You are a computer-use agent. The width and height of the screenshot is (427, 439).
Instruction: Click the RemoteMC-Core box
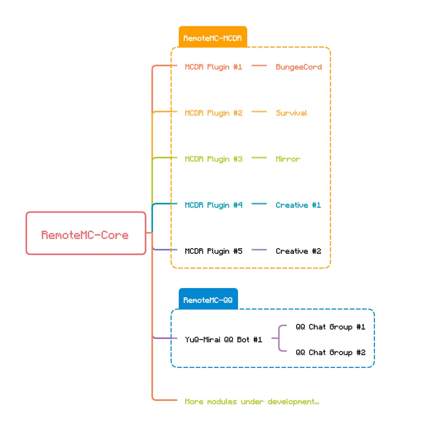(86, 233)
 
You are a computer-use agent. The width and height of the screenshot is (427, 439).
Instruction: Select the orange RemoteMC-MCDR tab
(213, 37)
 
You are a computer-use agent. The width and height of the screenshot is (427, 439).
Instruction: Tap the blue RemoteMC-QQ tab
(208, 299)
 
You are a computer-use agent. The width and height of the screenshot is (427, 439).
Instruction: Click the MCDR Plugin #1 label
(213, 67)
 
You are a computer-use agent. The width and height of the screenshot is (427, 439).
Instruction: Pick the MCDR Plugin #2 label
(213, 113)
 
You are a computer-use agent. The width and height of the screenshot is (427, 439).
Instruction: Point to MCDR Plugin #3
(213, 159)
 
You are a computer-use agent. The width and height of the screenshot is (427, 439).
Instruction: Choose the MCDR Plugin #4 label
(213, 205)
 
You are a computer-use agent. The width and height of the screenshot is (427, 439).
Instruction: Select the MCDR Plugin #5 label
(213, 251)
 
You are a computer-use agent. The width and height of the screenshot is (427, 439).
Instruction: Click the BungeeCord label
(299, 67)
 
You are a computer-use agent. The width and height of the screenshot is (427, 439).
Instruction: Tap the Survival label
(291, 113)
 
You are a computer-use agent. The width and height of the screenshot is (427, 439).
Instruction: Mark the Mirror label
(288, 159)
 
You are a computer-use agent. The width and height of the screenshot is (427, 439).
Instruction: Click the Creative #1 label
(298, 205)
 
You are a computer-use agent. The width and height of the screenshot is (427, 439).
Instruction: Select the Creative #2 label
(298, 251)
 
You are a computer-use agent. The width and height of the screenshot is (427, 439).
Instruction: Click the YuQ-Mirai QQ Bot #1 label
(223, 340)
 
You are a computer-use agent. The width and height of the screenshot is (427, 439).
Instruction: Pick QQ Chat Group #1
(330, 327)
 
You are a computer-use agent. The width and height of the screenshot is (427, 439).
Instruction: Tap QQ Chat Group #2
(330, 353)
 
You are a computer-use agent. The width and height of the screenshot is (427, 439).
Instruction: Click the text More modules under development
(252, 402)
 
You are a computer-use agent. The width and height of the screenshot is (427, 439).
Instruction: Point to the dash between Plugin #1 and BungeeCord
(259, 66)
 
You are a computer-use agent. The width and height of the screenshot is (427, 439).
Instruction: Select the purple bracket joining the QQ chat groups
(279, 338)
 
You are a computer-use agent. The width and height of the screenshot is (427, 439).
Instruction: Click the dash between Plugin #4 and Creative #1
(259, 204)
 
